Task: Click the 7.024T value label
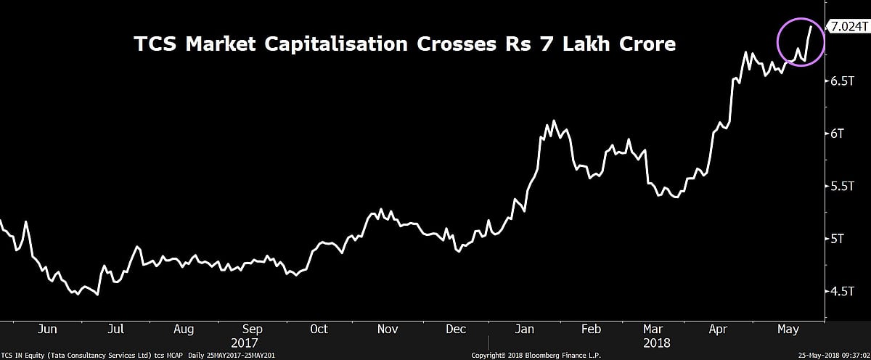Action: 849,26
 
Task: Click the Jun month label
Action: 47,329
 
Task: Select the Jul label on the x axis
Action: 116,329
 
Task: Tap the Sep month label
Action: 251,329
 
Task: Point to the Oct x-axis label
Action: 319,329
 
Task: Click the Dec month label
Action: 455,329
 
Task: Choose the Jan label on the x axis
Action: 524,329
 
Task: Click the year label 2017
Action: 245,342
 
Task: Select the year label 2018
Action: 658,342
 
